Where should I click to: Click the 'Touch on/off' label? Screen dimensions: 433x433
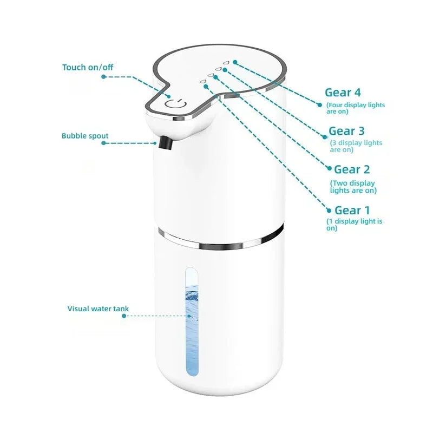click(x=88, y=67)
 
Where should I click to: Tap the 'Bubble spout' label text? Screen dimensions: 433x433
click(x=84, y=136)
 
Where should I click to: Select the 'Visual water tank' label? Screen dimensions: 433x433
click(x=98, y=309)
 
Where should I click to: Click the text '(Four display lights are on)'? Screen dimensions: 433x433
click(x=355, y=108)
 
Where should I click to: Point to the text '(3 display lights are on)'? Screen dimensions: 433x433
click(x=356, y=146)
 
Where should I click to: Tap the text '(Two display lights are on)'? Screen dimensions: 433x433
click(x=353, y=187)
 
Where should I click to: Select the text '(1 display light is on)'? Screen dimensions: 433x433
click(x=354, y=225)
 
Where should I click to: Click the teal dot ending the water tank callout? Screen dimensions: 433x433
click(x=123, y=316)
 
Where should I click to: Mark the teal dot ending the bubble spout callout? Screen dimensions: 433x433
click(x=103, y=143)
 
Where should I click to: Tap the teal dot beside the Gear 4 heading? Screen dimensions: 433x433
click(x=320, y=101)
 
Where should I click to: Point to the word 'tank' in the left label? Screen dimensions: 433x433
click(x=120, y=309)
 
